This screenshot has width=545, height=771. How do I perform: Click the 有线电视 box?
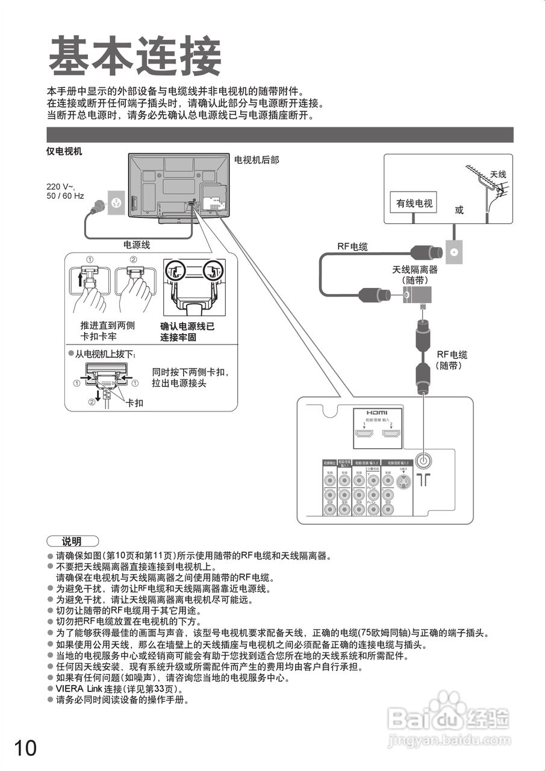coord(414,204)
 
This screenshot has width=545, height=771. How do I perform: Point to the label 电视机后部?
coord(256,160)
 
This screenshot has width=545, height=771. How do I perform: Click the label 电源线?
coord(137,245)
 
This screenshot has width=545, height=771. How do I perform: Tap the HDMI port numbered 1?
coord(364,434)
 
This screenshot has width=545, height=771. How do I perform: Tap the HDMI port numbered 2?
coord(391,434)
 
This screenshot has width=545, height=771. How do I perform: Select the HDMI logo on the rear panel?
coord(377,413)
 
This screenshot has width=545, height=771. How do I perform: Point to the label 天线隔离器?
coord(415,270)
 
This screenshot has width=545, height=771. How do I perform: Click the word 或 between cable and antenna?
coord(459,210)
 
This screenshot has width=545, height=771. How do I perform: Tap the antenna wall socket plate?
coord(454,252)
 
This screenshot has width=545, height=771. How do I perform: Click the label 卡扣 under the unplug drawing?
coord(134,402)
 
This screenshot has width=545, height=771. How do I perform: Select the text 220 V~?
coord(61,187)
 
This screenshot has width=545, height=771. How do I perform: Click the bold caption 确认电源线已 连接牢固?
coord(187,332)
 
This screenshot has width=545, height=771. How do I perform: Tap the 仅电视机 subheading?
coord(64,151)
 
